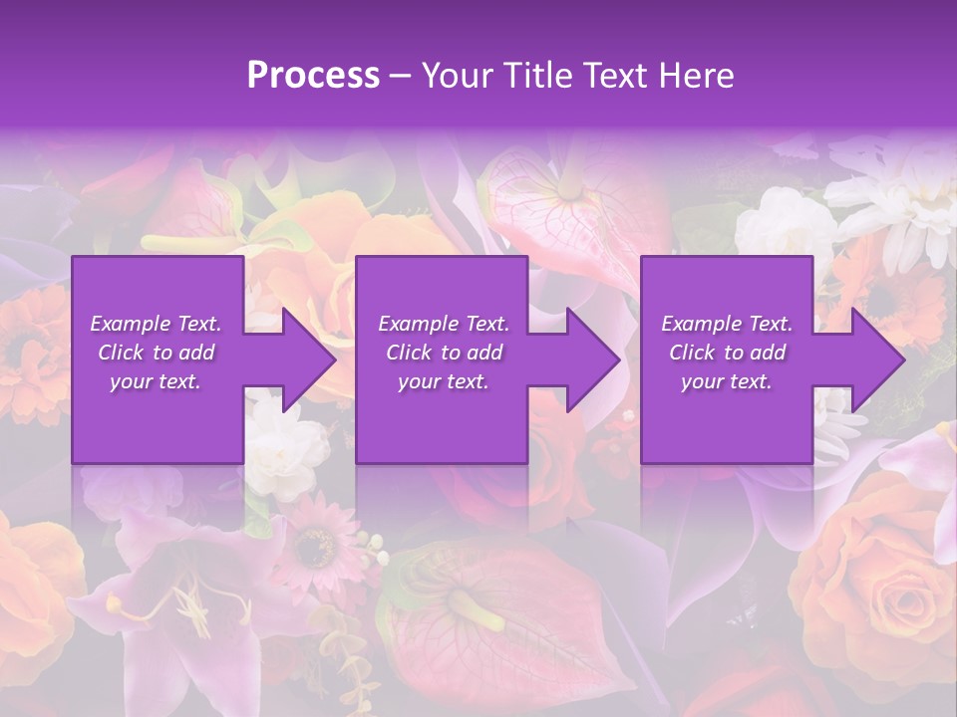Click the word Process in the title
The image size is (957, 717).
pos(313,75)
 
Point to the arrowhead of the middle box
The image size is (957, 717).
pos(591,359)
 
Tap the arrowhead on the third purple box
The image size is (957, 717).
pos(875,359)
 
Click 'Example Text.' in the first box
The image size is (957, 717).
pos(156,324)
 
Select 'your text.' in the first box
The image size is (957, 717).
pos(156,381)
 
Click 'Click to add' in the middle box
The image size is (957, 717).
pos(444,353)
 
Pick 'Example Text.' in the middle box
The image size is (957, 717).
pos(444,324)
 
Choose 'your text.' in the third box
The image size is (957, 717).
pos(727,381)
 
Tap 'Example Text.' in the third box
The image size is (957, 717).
pos(727,324)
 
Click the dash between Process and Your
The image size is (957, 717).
pos(401,77)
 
